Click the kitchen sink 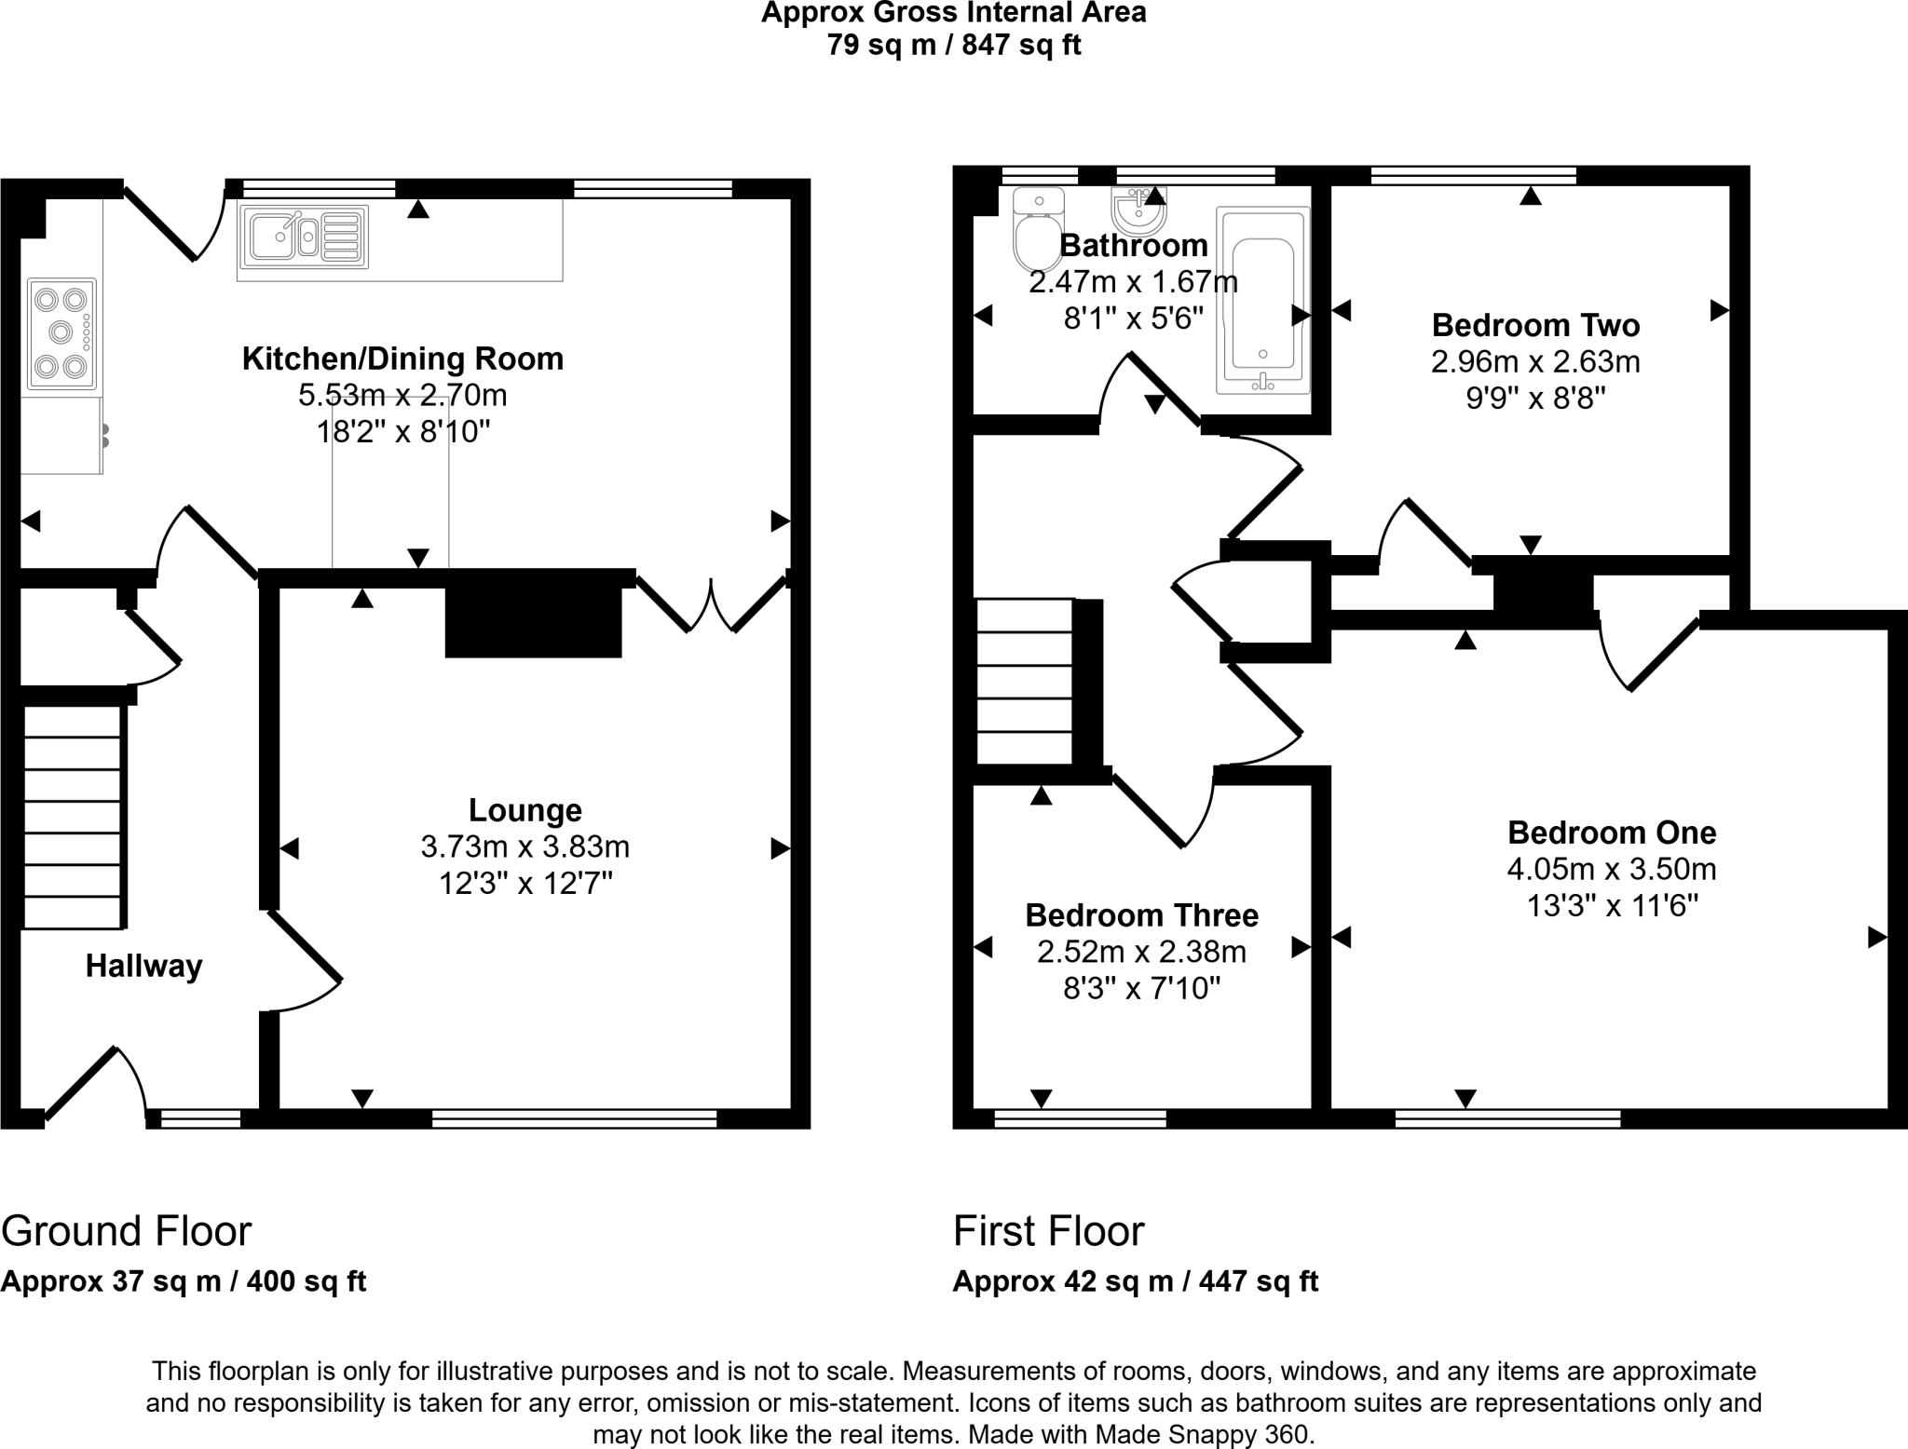(x=304, y=235)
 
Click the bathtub (x=1262, y=301)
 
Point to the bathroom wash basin (x=1137, y=213)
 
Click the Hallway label (x=143, y=967)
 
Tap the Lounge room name (x=525, y=810)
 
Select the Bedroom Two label (x=1535, y=325)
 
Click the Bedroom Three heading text (x=1141, y=915)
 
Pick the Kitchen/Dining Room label (x=402, y=359)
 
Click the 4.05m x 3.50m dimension (x=1612, y=869)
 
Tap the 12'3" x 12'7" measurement (x=525, y=883)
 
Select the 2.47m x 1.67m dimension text (x=1133, y=281)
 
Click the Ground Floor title (x=127, y=1231)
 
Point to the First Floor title (x=1048, y=1231)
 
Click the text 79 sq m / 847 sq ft (x=953, y=45)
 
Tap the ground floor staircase (x=73, y=818)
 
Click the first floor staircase (x=1025, y=681)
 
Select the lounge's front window (x=574, y=1118)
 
